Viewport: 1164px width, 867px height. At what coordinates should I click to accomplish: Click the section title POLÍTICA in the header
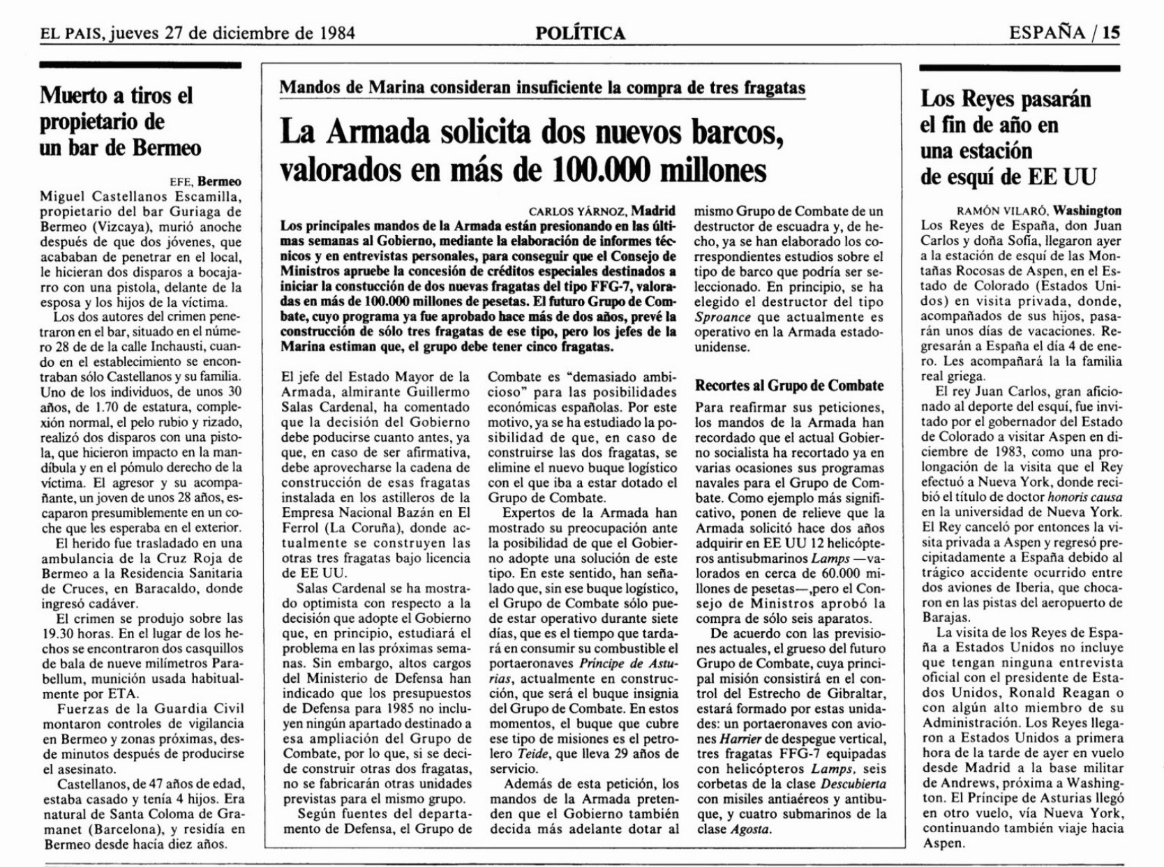(581, 33)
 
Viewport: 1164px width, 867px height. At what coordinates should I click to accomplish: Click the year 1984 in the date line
(334, 33)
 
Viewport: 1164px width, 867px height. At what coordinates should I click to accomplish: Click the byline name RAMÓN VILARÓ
(1001, 210)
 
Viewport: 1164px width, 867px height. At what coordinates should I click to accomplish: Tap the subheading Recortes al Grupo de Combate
(789, 386)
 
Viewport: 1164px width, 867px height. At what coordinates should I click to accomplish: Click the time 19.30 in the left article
(57, 635)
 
